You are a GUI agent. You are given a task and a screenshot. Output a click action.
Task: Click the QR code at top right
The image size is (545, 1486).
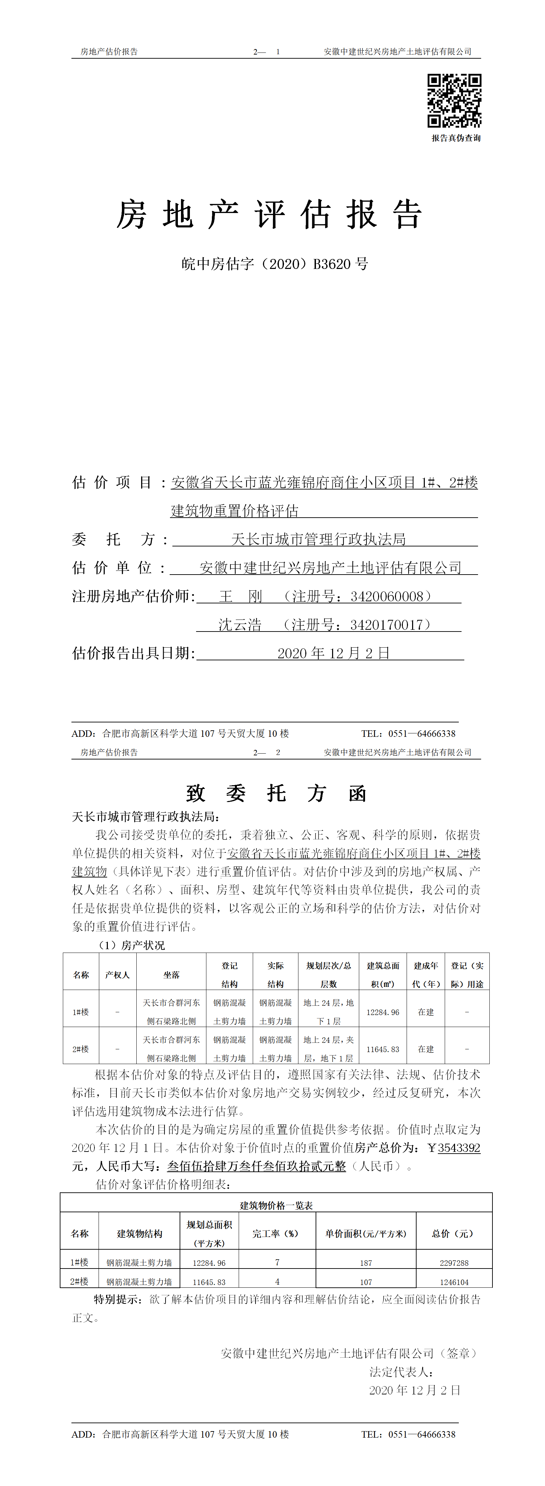(454, 101)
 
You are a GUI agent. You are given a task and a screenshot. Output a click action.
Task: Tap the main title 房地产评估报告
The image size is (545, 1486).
(270, 215)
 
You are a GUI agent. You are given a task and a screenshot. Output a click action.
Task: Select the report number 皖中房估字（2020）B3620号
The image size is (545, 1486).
(275, 264)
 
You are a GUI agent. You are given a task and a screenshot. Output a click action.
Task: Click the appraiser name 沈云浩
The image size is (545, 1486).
(240, 625)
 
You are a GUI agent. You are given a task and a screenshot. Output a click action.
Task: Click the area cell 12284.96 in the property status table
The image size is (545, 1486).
(383, 1012)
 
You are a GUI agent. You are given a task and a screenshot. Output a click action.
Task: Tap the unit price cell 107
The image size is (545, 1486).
(366, 1282)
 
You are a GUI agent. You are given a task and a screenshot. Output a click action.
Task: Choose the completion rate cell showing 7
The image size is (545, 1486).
(277, 1263)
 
